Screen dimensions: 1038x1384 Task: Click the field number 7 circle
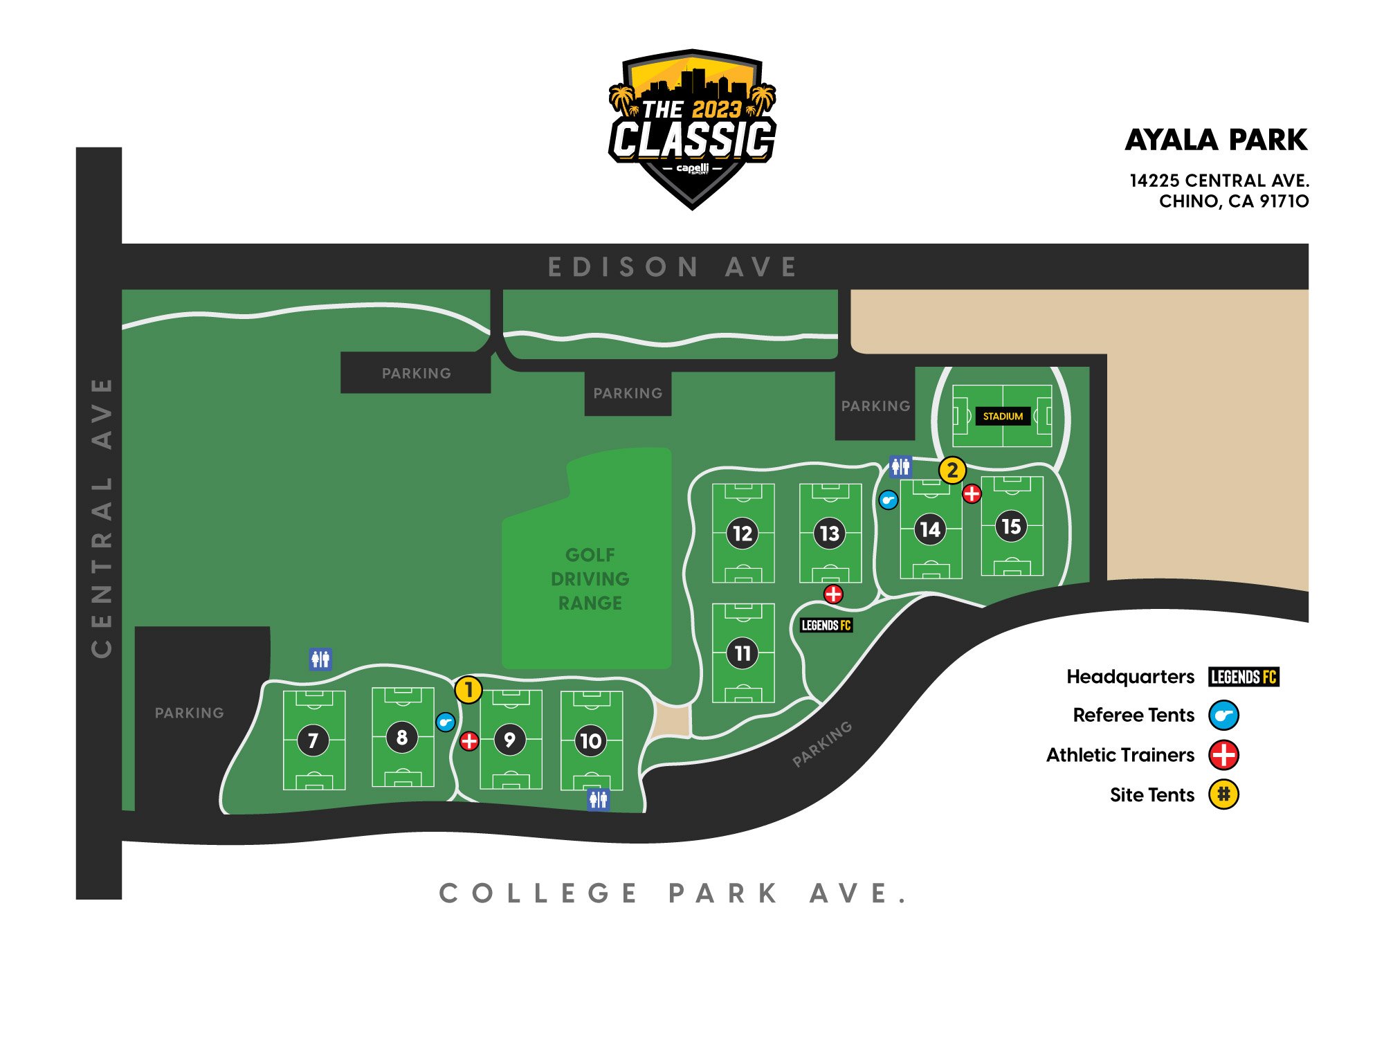(313, 740)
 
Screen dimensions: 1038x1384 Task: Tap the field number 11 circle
(743, 653)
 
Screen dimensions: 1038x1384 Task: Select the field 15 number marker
(1011, 527)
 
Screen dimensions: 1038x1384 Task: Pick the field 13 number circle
(829, 534)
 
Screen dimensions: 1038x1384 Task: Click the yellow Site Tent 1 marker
(468, 690)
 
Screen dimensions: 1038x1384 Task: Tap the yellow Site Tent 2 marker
(952, 471)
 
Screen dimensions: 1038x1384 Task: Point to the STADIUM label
(1003, 416)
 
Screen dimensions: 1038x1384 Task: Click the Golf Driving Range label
(590, 579)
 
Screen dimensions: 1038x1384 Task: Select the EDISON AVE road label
(672, 267)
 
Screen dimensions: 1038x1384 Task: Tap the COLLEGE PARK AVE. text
(673, 893)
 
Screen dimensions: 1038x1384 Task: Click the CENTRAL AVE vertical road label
(101, 517)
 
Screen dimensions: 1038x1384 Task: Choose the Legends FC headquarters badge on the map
(826, 626)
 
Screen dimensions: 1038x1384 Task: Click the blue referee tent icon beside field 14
(889, 500)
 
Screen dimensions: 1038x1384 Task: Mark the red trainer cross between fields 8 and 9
(469, 741)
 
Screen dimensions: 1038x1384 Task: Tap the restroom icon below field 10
(599, 799)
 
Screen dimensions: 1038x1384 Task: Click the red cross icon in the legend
(1223, 755)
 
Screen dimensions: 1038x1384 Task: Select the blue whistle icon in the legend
(1223, 716)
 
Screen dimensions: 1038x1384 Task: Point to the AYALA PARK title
(1216, 140)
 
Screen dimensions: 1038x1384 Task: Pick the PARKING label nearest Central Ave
(189, 713)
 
